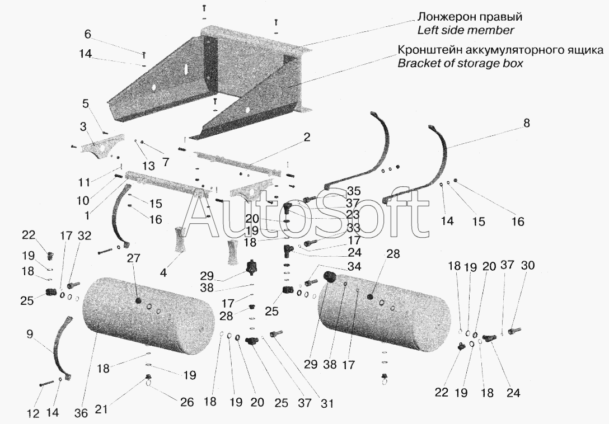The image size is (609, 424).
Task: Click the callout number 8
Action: coord(526,123)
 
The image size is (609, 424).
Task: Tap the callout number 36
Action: coord(82,412)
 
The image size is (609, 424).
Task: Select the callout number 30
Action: coord(528,266)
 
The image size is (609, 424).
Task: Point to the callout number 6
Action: coord(88,35)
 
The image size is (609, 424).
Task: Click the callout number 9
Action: coord(30,335)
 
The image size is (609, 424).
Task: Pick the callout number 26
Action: coord(187,402)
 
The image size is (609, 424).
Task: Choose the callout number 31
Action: coord(327,403)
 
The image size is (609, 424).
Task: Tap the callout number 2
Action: coord(307,137)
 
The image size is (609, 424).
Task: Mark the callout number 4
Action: coord(163,273)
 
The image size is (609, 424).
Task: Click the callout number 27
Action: coord(133,258)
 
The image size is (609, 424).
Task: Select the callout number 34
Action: coord(354,267)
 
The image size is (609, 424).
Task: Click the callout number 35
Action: coord(353,191)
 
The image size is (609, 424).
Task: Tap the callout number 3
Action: coord(83,127)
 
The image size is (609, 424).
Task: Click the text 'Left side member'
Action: coord(466,30)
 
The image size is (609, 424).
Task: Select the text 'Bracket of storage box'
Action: coord(460,63)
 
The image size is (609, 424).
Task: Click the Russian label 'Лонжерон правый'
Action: coord(470,17)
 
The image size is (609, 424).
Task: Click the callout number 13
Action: coord(148,166)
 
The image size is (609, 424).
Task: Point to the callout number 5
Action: coord(86,104)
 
